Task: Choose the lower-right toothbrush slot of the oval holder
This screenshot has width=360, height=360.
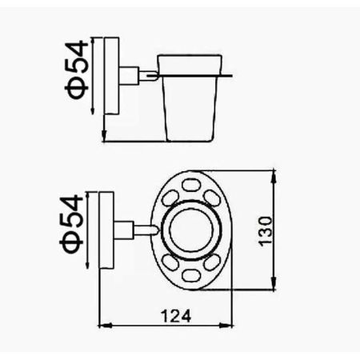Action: [214, 265]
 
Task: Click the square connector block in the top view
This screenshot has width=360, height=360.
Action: [124, 230]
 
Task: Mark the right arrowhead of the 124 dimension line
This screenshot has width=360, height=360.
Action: [230, 326]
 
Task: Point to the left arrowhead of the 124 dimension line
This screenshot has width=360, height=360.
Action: [102, 326]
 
